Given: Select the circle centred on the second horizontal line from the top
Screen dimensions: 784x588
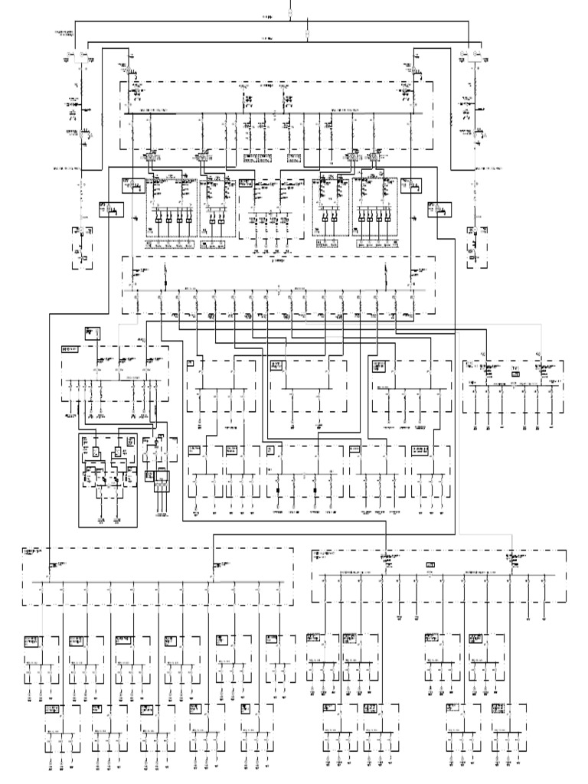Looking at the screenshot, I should [x=308, y=34].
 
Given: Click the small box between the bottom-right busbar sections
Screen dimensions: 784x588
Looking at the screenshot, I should [x=430, y=564].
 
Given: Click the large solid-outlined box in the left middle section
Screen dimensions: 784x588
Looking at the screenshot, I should [x=107, y=479].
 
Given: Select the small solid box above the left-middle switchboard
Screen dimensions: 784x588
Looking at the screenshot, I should [x=93, y=332].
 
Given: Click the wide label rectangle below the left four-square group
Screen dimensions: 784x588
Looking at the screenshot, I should [x=171, y=245].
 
